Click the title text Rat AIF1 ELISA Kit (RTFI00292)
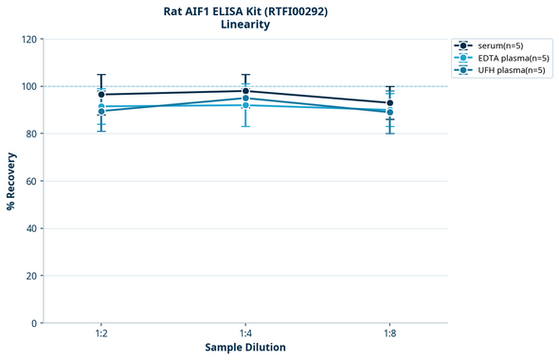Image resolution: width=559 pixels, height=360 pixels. click(x=244, y=10)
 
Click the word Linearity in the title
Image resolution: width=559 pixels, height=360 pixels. click(x=244, y=25)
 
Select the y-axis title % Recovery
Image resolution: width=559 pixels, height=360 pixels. click(x=11, y=181)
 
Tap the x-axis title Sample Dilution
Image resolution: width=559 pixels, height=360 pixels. click(x=244, y=347)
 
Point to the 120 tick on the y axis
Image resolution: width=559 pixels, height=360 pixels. click(x=29, y=40)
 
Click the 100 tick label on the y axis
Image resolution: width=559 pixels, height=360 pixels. click(x=29, y=87)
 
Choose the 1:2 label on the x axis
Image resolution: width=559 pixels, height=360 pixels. click(x=100, y=333)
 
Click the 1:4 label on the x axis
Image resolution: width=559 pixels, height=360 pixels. click(x=245, y=333)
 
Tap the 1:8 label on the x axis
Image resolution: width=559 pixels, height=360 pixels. click(x=390, y=333)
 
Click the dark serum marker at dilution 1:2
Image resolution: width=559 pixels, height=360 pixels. click(x=100, y=95)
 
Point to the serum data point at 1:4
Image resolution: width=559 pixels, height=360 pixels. click(x=245, y=91)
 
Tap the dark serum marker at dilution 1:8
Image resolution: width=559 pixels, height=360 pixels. click(x=390, y=103)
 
